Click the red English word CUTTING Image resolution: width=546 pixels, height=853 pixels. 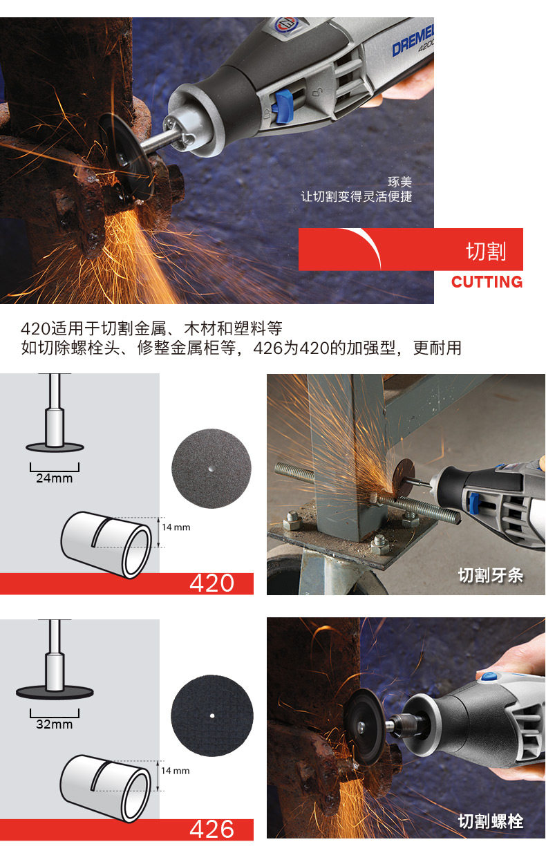[x=487, y=282]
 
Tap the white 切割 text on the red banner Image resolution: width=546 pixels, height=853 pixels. [x=486, y=252]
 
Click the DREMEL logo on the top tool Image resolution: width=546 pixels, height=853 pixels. [x=413, y=41]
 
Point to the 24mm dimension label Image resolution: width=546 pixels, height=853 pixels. [x=54, y=478]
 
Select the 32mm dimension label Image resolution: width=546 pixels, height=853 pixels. [x=54, y=724]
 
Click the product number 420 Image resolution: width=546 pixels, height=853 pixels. [x=211, y=583]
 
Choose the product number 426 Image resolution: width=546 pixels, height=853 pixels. [x=211, y=829]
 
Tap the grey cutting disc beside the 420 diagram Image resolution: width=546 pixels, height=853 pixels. [x=211, y=469]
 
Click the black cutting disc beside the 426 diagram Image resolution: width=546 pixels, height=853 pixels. [x=212, y=715]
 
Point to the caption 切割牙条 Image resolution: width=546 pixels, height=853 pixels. [x=491, y=575]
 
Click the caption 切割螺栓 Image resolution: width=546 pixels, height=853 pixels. [x=491, y=821]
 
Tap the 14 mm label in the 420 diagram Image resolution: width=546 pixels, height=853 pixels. [x=176, y=527]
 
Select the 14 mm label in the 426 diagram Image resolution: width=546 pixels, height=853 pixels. [x=176, y=771]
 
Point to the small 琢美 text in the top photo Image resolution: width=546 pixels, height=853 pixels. [x=399, y=182]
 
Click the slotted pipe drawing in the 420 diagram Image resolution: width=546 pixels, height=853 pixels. [x=106, y=545]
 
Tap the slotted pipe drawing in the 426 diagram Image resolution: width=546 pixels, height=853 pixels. [x=106, y=788]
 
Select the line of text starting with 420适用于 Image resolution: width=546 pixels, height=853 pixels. [x=151, y=328]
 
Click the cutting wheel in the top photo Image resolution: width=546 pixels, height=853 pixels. [x=126, y=156]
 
